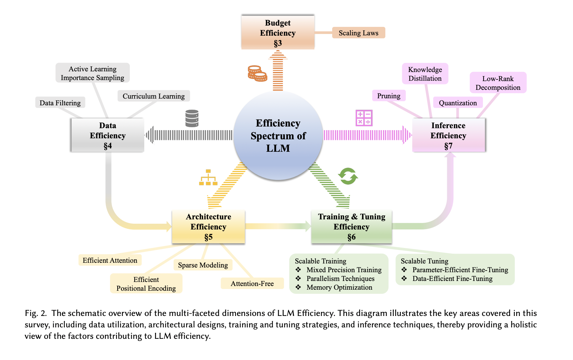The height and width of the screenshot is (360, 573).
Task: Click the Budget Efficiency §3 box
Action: [x=278, y=33]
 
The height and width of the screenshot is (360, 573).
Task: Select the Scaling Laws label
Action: [x=358, y=33]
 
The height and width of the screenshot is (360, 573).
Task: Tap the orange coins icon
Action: [x=257, y=73]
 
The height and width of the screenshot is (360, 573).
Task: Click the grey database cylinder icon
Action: [x=192, y=118]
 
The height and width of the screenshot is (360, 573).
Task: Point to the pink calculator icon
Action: [x=364, y=118]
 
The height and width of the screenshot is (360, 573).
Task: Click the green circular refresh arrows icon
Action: [x=348, y=176]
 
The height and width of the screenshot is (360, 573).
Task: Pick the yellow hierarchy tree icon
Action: [x=208, y=178]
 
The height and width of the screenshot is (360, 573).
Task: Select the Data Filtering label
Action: [x=60, y=103]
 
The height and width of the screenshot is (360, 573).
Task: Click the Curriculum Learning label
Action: [x=154, y=96]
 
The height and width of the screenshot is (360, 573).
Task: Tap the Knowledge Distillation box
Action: [x=425, y=74]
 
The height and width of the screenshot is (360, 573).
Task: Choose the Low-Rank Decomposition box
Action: [x=498, y=83]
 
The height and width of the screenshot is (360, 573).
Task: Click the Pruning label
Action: [x=389, y=96]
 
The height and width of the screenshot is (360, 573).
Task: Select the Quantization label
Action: [x=458, y=103]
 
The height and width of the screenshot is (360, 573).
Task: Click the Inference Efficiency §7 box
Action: [x=448, y=135]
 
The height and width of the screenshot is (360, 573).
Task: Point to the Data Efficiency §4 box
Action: [x=108, y=135]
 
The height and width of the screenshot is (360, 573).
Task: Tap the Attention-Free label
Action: [x=252, y=283]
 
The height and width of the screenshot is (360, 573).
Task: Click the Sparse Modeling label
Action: [x=203, y=265]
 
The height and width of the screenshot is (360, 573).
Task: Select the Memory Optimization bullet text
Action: [x=339, y=287]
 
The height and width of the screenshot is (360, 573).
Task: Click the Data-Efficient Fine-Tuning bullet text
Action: [x=452, y=279]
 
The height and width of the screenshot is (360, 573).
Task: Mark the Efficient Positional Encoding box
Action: [x=146, y=284]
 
